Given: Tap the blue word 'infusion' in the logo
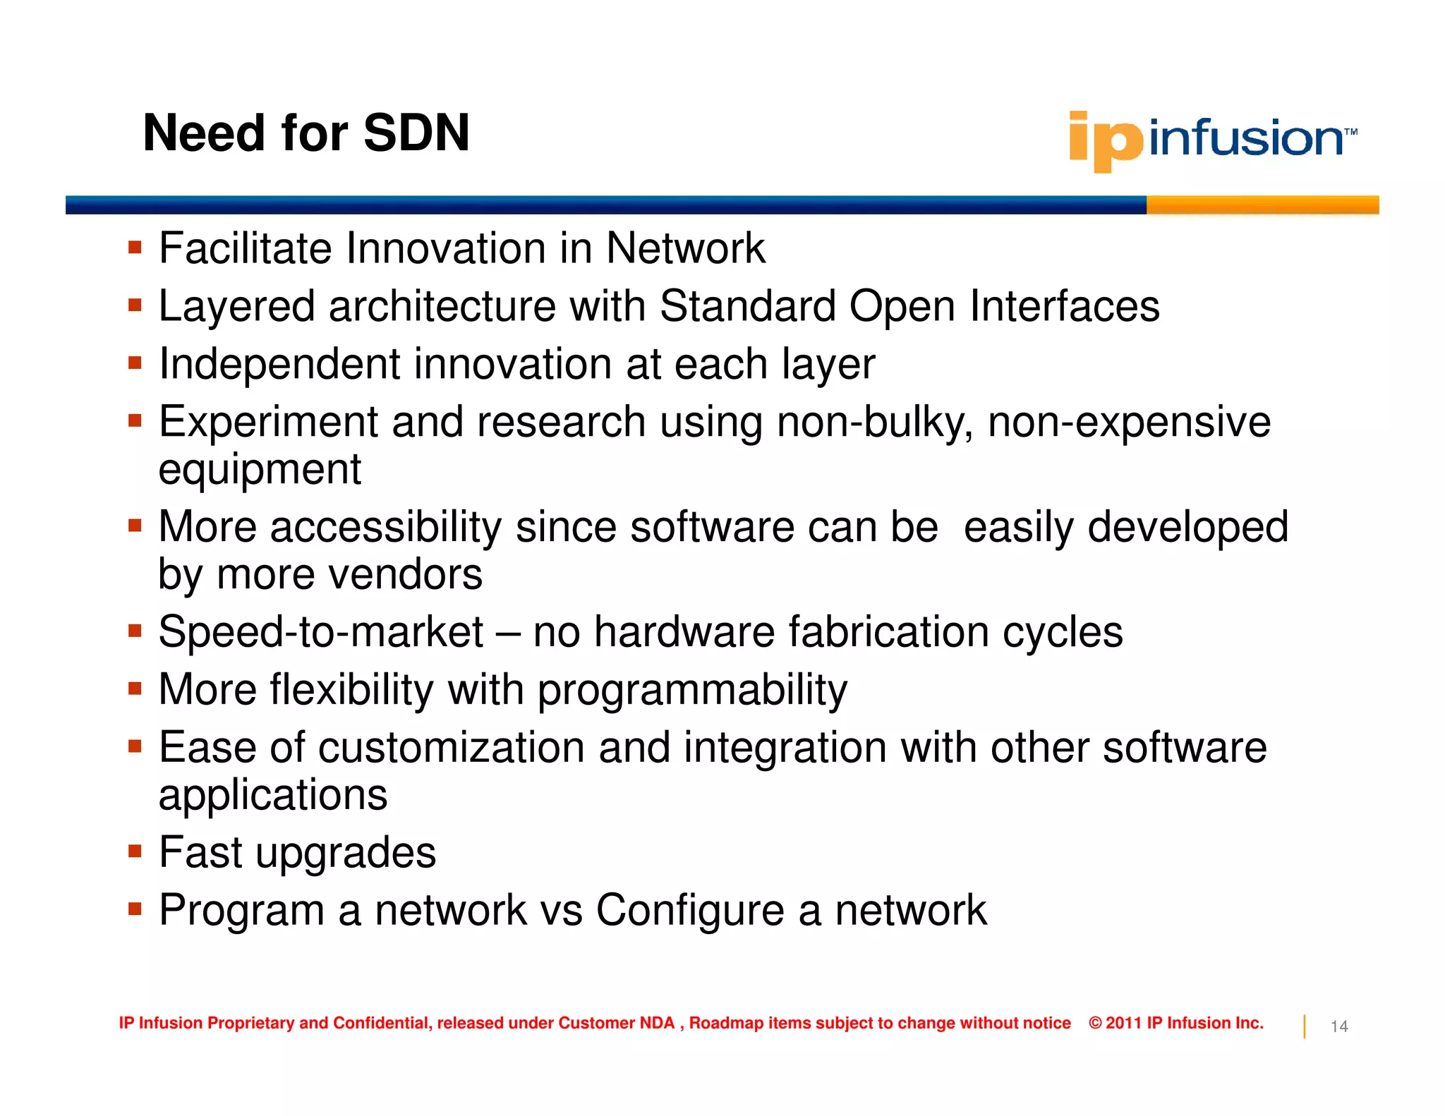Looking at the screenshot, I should tap(1245, 138).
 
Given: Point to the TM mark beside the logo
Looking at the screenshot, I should tap(1350, 132).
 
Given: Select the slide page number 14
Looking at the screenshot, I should tap(1338, 1026).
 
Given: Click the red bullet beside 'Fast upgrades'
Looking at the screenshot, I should tap(135, 851).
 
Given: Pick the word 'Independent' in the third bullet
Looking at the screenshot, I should tap(279, 364).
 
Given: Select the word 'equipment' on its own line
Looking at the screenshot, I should tap(260, 469).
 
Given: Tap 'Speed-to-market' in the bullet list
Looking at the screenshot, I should tap(321, 631).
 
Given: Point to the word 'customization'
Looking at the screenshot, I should tap(451, 748).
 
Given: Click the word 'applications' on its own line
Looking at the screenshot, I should tap(273, 795).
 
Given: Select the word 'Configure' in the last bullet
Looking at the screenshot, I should tap(689, 910).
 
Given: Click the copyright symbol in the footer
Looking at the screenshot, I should tap(1095, 1023).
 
